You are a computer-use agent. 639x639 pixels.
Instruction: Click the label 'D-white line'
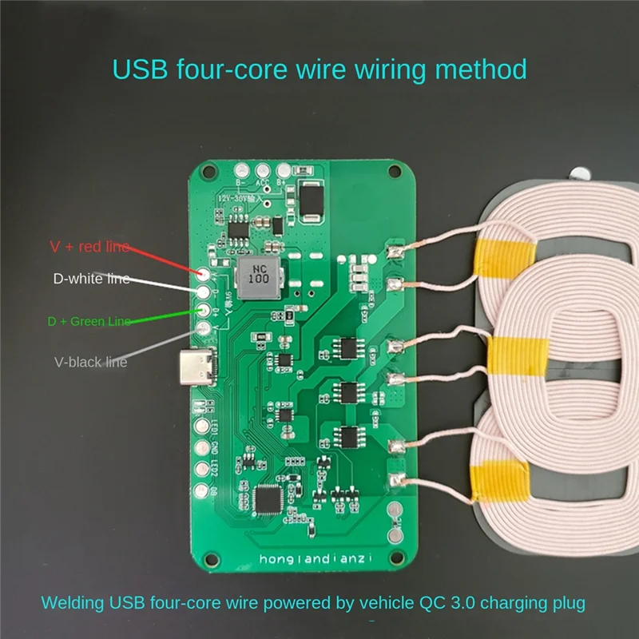90,280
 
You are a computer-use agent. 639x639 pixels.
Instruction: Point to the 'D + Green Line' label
89,321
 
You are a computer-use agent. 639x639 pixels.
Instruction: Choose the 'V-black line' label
90,362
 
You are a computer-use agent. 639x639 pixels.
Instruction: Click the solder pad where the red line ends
203,274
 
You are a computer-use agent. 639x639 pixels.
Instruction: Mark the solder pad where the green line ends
203,311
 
